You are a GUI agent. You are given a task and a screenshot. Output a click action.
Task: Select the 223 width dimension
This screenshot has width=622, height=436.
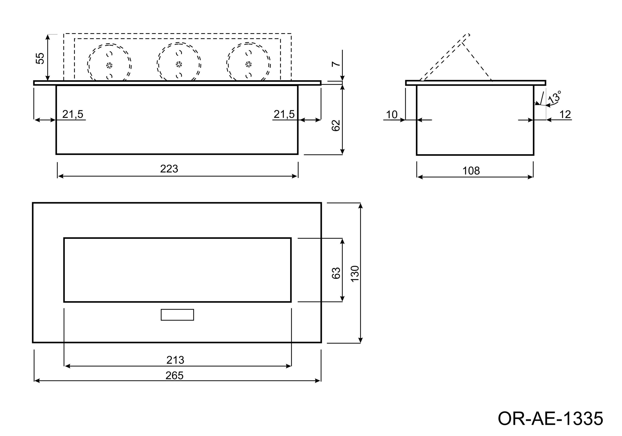coord(169,169)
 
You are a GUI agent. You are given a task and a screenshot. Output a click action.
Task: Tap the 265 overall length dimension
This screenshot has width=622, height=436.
coord(174,375)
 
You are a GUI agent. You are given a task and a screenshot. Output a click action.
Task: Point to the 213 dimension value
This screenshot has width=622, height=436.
coord(175,360)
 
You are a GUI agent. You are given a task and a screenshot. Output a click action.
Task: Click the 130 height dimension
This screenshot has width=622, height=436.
coord(355,274)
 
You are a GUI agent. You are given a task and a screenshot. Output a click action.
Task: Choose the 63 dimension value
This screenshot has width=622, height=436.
coord(336,273)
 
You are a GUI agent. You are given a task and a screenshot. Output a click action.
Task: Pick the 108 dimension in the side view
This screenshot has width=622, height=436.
coord(471,171)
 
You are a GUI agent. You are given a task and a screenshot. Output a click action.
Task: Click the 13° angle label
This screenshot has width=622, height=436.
coord(554,97)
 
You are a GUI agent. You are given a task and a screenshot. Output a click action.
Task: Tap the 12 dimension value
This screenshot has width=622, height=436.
coord(565,115)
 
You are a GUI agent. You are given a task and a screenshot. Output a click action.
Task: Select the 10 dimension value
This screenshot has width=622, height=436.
coord(391,115)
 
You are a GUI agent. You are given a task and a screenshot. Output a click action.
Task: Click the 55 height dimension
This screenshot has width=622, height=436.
coord(40,59)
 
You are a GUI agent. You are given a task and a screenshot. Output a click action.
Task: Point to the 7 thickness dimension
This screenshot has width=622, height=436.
coord(336,64)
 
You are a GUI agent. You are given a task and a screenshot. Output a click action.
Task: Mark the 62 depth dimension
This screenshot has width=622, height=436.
coord(336,126)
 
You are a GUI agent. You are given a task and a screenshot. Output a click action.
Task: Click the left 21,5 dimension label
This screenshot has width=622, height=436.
coord(73,114)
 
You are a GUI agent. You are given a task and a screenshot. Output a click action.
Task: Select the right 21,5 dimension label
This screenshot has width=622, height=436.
coord(284,114)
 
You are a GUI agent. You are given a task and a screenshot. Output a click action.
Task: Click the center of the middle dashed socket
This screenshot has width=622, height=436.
coord(179,64)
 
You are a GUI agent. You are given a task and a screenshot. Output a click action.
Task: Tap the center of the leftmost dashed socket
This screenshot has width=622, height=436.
coord(109,66)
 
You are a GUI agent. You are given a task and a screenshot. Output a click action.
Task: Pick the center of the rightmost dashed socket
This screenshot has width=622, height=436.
coord(248,64)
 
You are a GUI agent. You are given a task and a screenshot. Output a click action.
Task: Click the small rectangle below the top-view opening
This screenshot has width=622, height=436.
coord(177,315)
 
